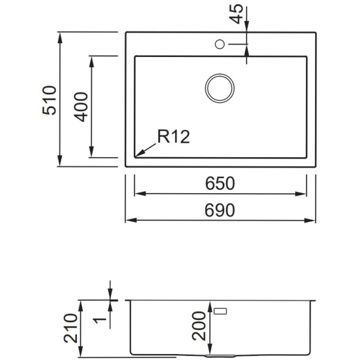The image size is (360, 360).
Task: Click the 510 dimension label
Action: coord(49,100)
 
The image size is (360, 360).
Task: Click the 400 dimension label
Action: coord(81,107)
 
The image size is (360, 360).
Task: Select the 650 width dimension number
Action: coord(220,183)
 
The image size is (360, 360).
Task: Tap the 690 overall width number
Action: coord(220,210)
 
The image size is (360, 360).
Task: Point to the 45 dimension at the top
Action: coord(236,14)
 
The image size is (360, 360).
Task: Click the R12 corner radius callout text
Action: coord(173,137)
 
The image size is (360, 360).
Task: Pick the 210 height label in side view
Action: coord(71,328)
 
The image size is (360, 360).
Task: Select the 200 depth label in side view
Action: coord(199,326)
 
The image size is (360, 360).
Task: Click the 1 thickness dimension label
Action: coord(100,320)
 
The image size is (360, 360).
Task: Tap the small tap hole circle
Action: coord(220,44)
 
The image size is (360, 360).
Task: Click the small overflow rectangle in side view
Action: coord(220,311)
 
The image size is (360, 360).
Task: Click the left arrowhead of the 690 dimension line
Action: coord(131,220)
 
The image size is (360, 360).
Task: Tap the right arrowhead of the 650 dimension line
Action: coord(301,194)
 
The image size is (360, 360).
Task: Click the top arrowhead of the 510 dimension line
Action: coord(59,38)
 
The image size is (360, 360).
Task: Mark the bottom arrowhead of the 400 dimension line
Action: coord(92,152)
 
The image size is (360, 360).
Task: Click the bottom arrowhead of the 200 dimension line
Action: coord(209,349)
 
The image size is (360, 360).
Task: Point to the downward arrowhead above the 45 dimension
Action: coord(247,26)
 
